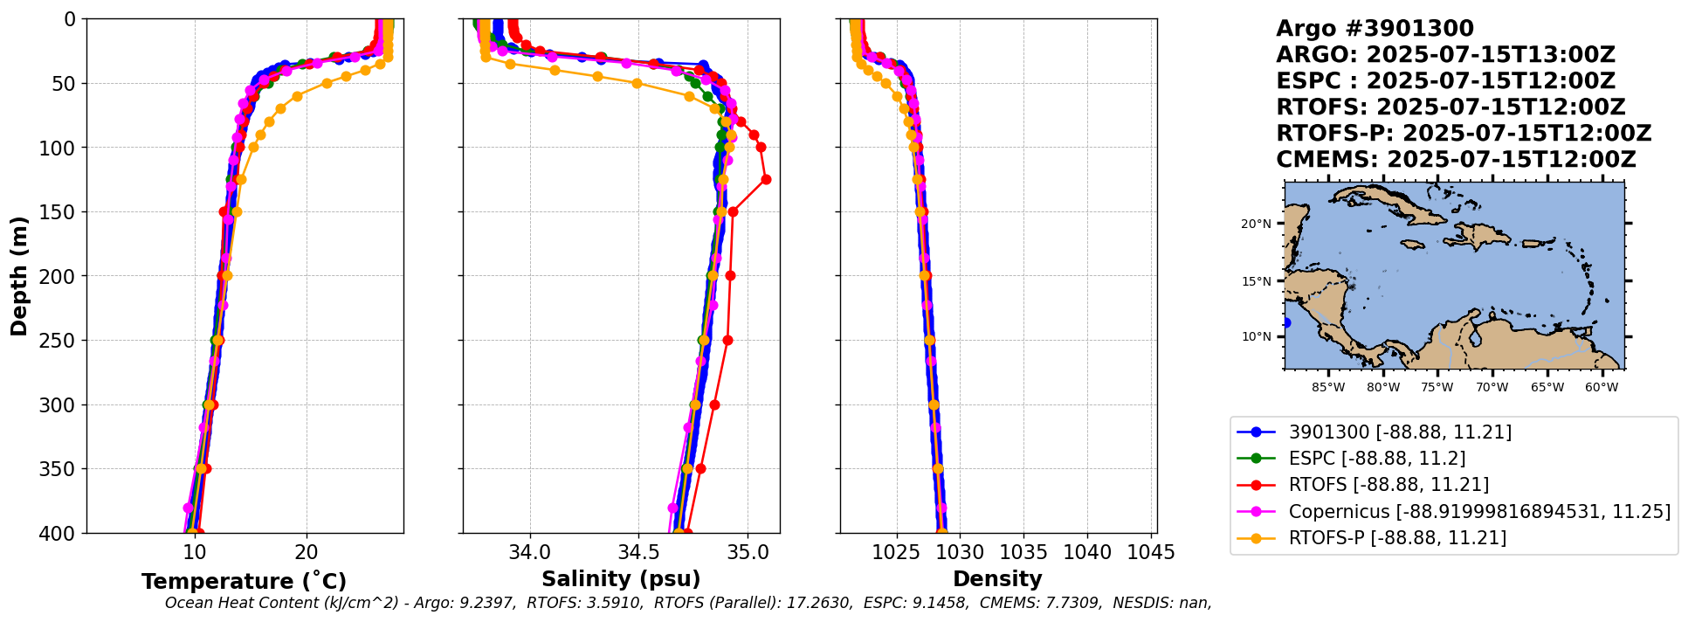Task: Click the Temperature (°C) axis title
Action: [x=244, y=582]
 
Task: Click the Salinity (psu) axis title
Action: [x=621, y=579]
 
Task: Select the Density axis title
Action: [x=997, y=579]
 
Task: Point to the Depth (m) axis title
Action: [x=19, y=276]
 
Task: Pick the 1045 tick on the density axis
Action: [x=1151, y=553]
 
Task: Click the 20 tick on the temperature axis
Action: [x=307, y=553]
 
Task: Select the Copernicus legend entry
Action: [x=1478, y=511]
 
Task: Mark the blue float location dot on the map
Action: [x=1285, y=323]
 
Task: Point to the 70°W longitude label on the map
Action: [x=1492, y=387]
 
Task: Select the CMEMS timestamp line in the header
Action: [x=1455, y=160]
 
